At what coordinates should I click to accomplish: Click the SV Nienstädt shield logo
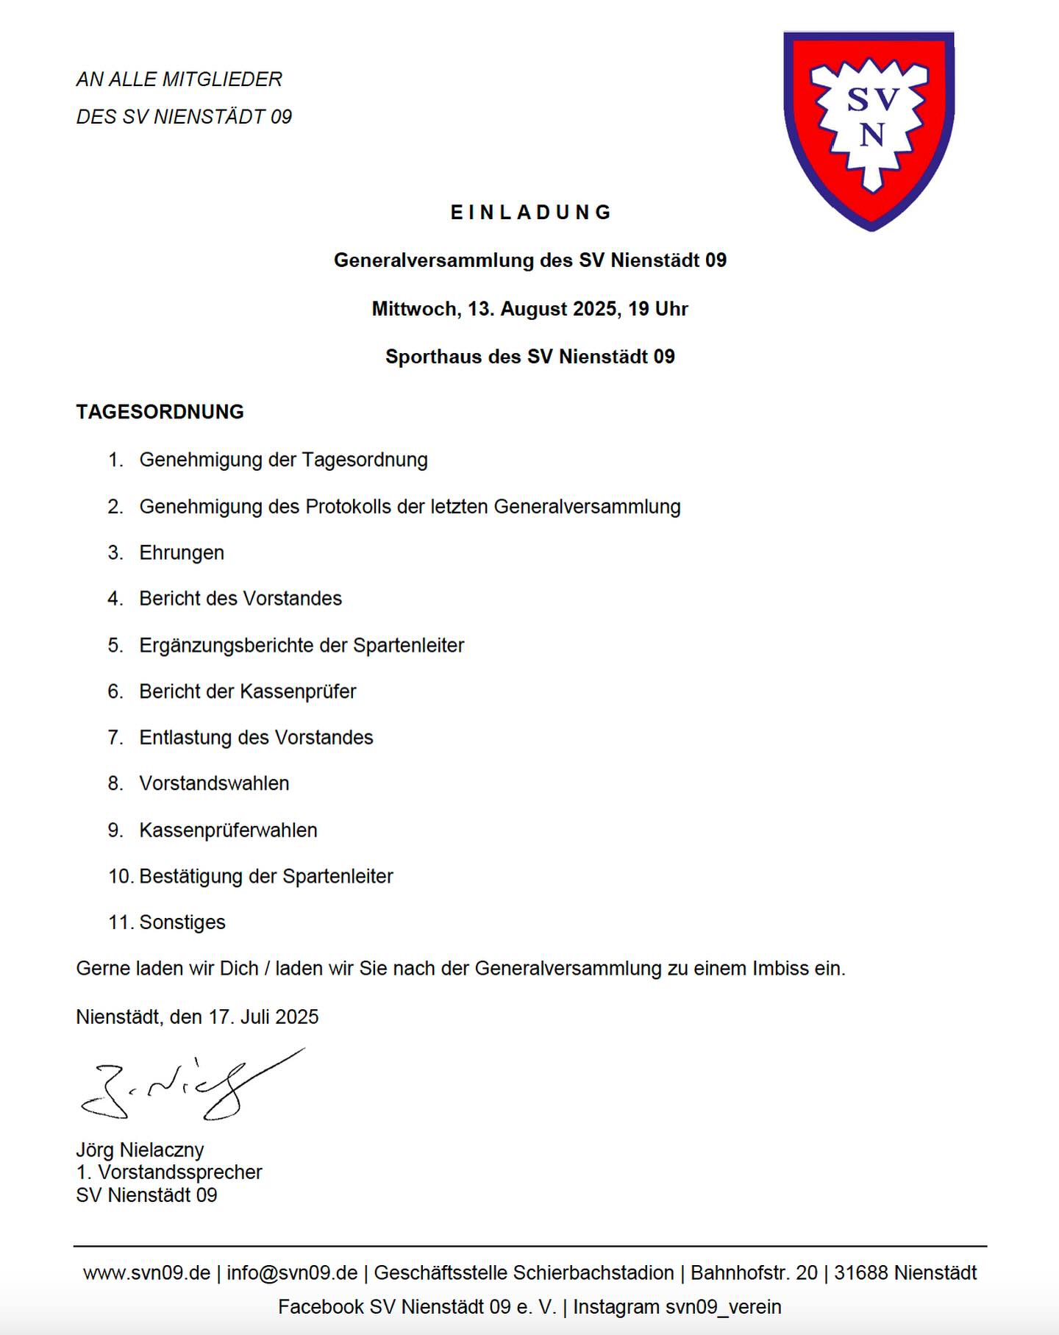click(x=869, y=129)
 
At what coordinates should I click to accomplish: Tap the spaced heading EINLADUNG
click(x=530, y=213)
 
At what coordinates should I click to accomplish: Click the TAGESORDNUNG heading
click(x=160, y=412)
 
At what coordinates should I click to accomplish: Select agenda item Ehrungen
click(x=182, y=553)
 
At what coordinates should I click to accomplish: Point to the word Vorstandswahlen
click(x=214, y=784)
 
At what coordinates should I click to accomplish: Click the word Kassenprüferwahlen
click(x=228, y=830)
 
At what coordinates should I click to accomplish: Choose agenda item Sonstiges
click(x=182, y=922)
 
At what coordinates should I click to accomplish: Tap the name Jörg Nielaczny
click(x=140, y=1150)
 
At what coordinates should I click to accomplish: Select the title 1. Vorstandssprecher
click(x=169, y=1172)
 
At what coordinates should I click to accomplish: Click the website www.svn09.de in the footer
click(x=146, y=1273)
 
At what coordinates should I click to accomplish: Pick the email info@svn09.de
click(x=292, y=1273)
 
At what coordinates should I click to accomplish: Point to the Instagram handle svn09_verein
click(x=723, y=1307)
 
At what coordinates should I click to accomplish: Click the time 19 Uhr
click(x=657, y=309)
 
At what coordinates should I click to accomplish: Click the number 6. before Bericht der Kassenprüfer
click(x=115, y=692)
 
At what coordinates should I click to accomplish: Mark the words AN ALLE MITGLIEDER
click(x=179, y=79)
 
